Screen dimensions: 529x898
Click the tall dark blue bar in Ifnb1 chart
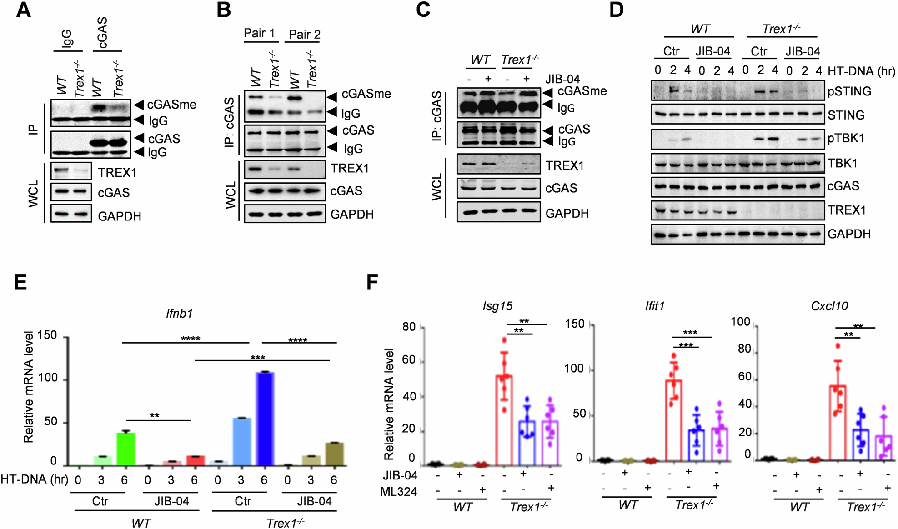(x=265, y=419)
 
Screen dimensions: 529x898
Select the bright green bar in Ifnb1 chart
(x=126, y=449)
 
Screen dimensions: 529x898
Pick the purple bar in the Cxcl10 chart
(x=883, y=448)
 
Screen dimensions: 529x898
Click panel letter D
(x=616, y=10)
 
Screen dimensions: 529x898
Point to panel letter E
(x=20, y=282)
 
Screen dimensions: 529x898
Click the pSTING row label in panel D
(x=849, y=91)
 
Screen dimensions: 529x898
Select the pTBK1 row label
(x=846, y=139)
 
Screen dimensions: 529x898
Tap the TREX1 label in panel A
(x=117, y=173)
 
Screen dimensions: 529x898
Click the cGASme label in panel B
(x=366, y=94)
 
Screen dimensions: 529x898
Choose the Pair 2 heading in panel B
(x=304, y=35)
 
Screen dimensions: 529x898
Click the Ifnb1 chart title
(x=179, y=313)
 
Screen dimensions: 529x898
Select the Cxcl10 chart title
(x=829, y=306)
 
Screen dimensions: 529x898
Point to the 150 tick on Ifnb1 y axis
(x=47, y=335)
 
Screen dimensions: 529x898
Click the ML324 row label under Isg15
(x=398, y=492)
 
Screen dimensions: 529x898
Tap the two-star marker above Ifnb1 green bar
(x=155, y=415)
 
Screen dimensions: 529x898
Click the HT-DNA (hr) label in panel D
(x=861, y=71)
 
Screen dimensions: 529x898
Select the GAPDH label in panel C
(x=567, y=213)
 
